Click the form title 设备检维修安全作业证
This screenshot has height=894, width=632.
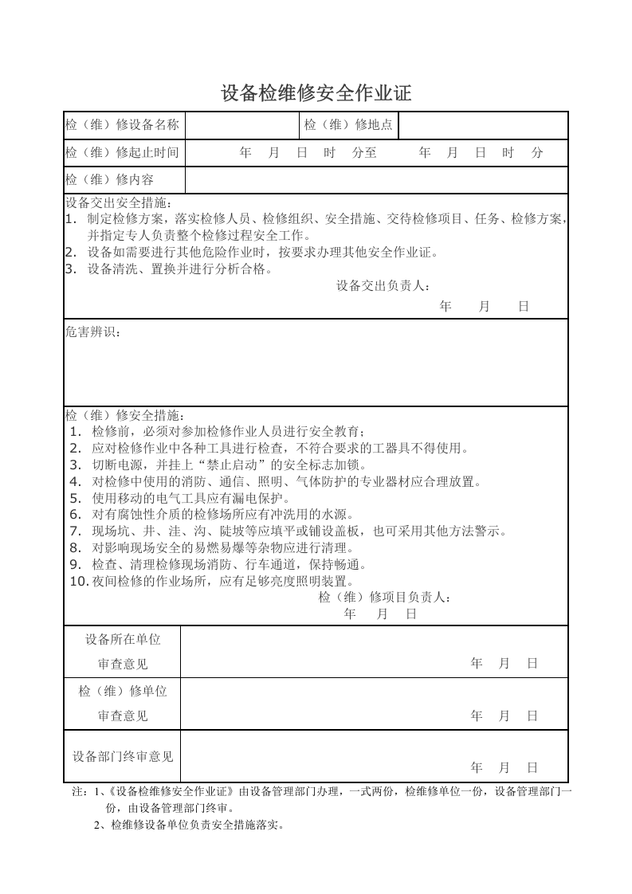pos(316,93)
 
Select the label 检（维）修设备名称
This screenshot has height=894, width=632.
pos(122,125)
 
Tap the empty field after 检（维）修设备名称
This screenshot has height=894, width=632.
pos(241,125)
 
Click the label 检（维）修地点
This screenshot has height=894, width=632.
pos(348,125)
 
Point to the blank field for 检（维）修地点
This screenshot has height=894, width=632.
pos(482,125)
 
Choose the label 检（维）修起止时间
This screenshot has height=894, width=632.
pos(122,152)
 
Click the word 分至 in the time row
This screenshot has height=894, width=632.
pos(363,152)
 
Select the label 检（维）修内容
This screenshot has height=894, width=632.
pos(109,179)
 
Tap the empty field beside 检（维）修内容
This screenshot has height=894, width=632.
pos(375,179)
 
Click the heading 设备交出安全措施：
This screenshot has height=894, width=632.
pos(118,202)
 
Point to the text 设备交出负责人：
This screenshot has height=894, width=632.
pos(384,285)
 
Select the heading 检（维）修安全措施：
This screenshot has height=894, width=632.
pos(124,415)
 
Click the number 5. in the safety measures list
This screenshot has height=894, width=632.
pos(76,498)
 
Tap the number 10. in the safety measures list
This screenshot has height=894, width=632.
pos(78,581)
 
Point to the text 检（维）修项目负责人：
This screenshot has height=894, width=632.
pos(385,597)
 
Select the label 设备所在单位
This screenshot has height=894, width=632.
pos(123,639)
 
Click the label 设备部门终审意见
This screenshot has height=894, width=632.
pos(123,756)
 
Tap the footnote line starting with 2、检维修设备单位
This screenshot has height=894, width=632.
pos(189,825)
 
